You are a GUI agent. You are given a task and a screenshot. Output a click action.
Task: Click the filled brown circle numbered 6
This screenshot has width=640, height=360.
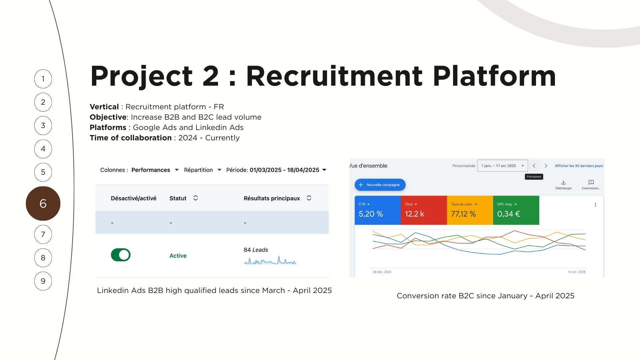43,203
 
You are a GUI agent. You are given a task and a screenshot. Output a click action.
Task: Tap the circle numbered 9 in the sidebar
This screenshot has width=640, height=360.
43,281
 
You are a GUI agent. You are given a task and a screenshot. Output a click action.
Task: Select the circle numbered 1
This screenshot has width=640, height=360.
43,79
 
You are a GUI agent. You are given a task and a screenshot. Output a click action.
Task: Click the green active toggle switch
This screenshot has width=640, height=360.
121,255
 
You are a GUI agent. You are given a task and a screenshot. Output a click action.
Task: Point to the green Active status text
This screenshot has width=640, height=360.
178,256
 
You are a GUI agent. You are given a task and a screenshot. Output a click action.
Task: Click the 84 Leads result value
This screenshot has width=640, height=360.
256,250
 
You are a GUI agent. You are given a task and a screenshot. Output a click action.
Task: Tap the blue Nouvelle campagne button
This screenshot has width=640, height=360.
380,185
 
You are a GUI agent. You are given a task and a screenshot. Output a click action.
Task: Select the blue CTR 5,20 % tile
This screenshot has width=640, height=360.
378,210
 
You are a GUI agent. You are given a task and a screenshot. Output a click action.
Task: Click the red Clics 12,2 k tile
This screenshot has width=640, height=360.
424,210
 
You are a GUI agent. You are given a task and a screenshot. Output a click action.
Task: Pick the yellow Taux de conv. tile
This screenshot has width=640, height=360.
470,210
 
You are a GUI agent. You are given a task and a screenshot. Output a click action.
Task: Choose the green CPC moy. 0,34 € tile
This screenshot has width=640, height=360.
516,210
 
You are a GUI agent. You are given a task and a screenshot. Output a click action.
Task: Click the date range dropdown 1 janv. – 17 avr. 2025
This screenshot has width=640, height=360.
502,166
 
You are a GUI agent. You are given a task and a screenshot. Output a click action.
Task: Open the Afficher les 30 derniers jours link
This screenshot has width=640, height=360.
579,166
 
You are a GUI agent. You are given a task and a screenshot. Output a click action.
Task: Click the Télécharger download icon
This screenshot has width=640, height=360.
563,182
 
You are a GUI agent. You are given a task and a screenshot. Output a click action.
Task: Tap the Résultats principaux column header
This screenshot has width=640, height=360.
272,198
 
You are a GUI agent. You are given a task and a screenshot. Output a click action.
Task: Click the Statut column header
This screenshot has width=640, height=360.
178,198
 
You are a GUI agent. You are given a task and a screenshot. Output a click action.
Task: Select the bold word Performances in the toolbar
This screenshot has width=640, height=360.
151,170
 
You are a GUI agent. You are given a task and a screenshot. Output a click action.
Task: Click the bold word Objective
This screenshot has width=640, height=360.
108,117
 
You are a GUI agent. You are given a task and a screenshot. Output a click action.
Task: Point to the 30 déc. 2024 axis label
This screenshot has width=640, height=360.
382,272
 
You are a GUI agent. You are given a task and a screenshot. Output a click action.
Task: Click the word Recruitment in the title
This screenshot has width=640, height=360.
334,76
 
